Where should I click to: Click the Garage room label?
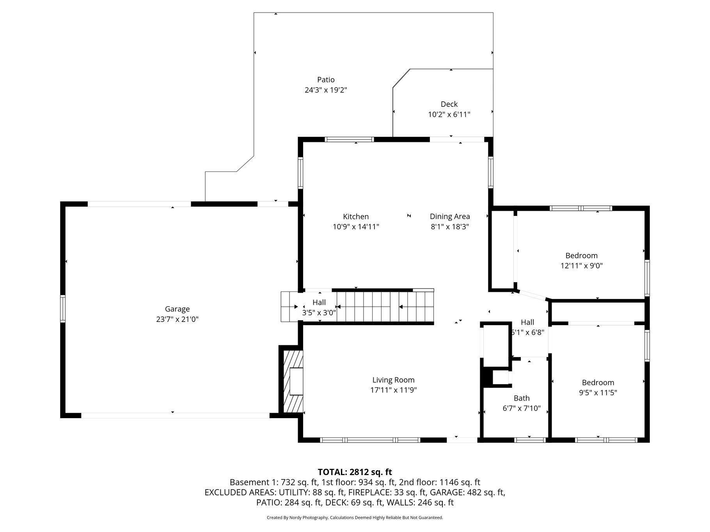pyautogui.click(x=177, y=309)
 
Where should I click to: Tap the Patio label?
pyautogui.click(x=326, y=80)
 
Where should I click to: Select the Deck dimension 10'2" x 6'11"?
pyautogui.click(x=449, y=115)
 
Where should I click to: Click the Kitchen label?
pyautogui.click(x=356, y=217)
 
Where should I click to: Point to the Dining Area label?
pyautogui.click(x=450, y=217)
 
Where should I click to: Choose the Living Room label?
pyautogui.click(x=393, y=380)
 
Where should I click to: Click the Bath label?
pyautogui.click(x=522, y=398)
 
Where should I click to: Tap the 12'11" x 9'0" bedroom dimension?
pyautogui.click(x=582, y=266)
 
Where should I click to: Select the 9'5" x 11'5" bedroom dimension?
pyautogui.click(x=598, y=393)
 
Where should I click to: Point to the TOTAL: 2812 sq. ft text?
pyautogui.click(x=355, y=472)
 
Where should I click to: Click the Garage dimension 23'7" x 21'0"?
pyautogui.click(x=177, y=320)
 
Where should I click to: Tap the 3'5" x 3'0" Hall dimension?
pyautogui.click(x=319, y=313)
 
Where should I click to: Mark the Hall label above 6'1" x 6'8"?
pyautogui.click(x=527, y=322)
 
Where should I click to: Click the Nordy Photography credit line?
pyautogui.click(x=355, y=518)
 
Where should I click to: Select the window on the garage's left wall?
pyautogui.click(x=62, y=309)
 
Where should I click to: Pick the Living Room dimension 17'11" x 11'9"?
pyautogui.click(x=394, y=390)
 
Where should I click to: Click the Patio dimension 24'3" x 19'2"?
pyautogui.click(x=326, y=90)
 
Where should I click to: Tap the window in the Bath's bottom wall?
pyautogui.click(x=530, y=440)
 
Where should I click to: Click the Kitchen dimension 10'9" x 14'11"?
pyautogui.click(x=356, y=227)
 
